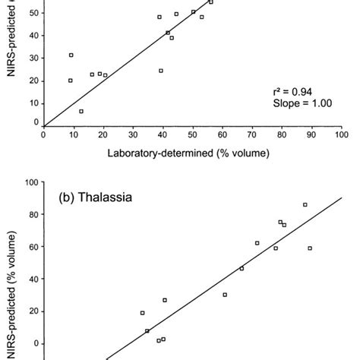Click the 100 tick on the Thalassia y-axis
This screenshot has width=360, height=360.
click(x=31, y=182)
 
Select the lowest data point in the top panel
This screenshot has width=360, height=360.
click(x=81, y=111)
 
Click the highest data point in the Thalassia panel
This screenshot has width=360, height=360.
click(x=305, y=204)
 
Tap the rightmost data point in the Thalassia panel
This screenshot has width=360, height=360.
click(x=310, y=248)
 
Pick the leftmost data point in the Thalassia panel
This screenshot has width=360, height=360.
click(x=142, y=313)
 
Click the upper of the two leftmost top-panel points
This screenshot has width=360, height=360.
click(x=71, y=55)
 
